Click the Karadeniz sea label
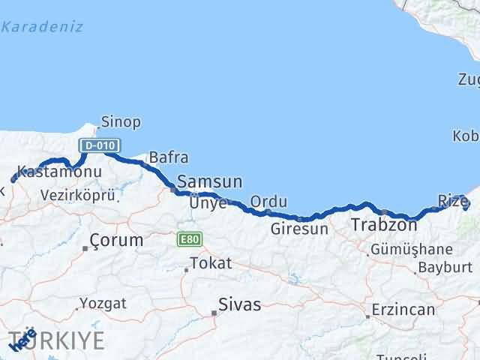point(41,28)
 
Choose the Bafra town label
point(169,158)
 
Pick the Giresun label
point(300,229)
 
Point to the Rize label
point(452,199)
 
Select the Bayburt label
point(443,267)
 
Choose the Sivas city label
point(240,304)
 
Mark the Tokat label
point(211,264)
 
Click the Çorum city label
point(115,241)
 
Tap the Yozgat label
point(104,304)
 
